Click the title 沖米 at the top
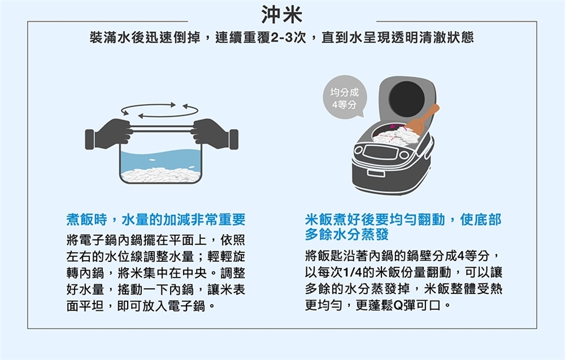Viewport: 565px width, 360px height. [x=282, y=15]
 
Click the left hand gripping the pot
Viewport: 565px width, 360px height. [x=108, y=134]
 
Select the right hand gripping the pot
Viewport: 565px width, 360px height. [x=214, y=134]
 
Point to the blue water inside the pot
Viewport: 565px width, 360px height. [x=161, y=160]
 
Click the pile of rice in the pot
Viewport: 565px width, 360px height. [x=161, y=175]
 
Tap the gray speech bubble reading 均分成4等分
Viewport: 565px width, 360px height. [x=345, y=96]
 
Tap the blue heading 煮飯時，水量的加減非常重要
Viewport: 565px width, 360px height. [x=156, y=219]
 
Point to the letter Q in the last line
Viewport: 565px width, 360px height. [x=398, y=306]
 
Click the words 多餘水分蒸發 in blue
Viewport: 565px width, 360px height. [x=347, y=235]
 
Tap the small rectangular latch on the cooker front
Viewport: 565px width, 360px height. [x=376, y=173]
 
